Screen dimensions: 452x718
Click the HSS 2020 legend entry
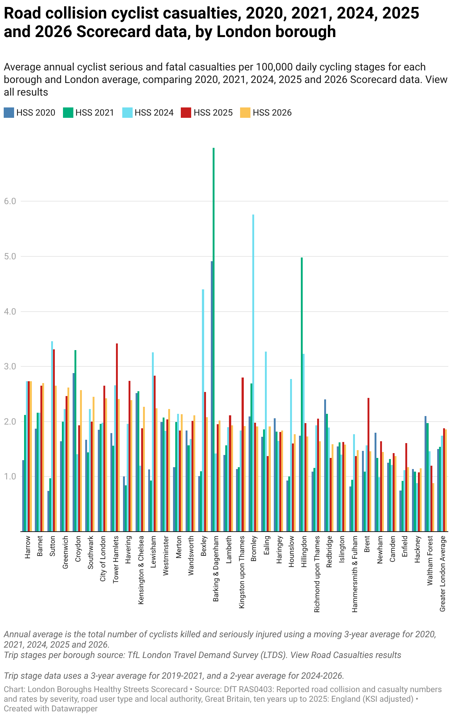tap(30, 113)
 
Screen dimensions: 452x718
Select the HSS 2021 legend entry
tap(89, 113)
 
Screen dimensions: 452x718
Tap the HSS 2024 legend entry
tap(148, 113)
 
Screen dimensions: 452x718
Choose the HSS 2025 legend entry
tap(207, 113)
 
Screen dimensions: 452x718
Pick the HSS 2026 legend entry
tap(266, 113)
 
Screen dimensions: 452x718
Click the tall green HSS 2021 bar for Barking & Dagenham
tap(214, 340)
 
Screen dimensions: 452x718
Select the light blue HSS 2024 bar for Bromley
tap(253, 373)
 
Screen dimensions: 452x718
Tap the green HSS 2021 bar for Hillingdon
tap(302, 395)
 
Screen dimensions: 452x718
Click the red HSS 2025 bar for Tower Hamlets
tap(117, 438)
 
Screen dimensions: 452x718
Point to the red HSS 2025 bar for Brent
tap(369, 465)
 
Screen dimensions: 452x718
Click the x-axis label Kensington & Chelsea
tap(141, 570)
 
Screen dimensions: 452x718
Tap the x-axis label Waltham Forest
tap(430, 560)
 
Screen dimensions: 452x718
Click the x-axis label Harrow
tap(28, 547)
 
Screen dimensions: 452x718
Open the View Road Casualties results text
tap(346, 655)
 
